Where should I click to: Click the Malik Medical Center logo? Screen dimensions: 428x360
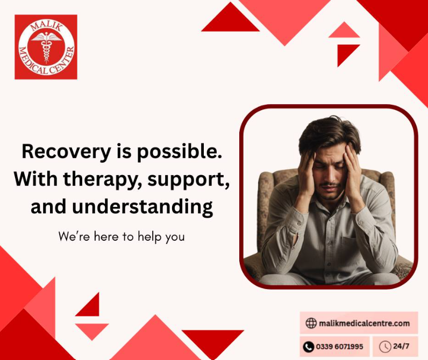[x=46, y=47]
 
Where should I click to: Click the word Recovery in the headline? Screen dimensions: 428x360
[x=66, y=152]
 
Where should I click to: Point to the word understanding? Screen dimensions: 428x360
[x=142, y=207]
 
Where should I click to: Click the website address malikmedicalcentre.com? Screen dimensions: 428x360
[x=365, y=323]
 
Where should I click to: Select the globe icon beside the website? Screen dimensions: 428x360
[x=311, y=323]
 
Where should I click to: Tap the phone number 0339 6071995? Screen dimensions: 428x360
[x=340, y=347]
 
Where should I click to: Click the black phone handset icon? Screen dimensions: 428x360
[x=309, y=347]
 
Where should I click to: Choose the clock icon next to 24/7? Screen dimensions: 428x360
[x=385, y=347]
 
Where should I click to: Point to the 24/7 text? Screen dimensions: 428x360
[x=401, y=346]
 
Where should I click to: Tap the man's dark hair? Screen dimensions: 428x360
[x=330, y=134]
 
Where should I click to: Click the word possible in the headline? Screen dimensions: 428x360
[x=179, y=152]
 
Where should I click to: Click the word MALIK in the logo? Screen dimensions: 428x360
[x=46, y=26]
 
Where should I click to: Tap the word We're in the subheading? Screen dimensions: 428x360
[x=74, y=236]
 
